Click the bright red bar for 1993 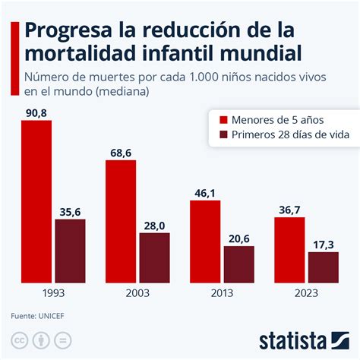point(36,201)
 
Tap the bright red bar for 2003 point(121,221)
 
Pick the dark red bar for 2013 point(238,264)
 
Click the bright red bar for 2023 point(289,249)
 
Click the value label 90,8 point(36,112)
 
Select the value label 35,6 point(70,212)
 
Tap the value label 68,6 point(121,153)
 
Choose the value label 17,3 point(323,245)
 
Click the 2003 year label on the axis point(137,292)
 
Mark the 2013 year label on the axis point(222,292)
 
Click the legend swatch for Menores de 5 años point(223,119)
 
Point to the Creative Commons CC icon point(18,339)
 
